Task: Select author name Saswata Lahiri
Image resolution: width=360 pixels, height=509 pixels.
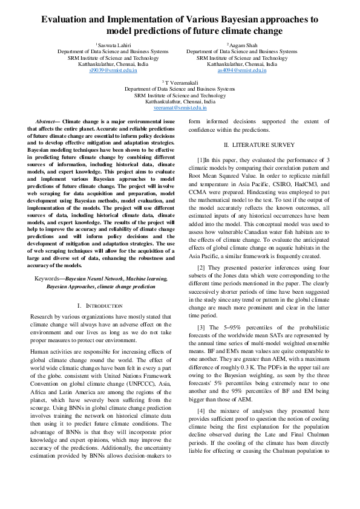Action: click(114, 45)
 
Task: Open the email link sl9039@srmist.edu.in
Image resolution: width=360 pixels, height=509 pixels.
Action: click(113, 70)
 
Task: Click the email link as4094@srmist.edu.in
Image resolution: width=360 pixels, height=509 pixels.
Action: click(242, 70)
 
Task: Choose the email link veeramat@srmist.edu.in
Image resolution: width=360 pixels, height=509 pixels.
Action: click(180, 108)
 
